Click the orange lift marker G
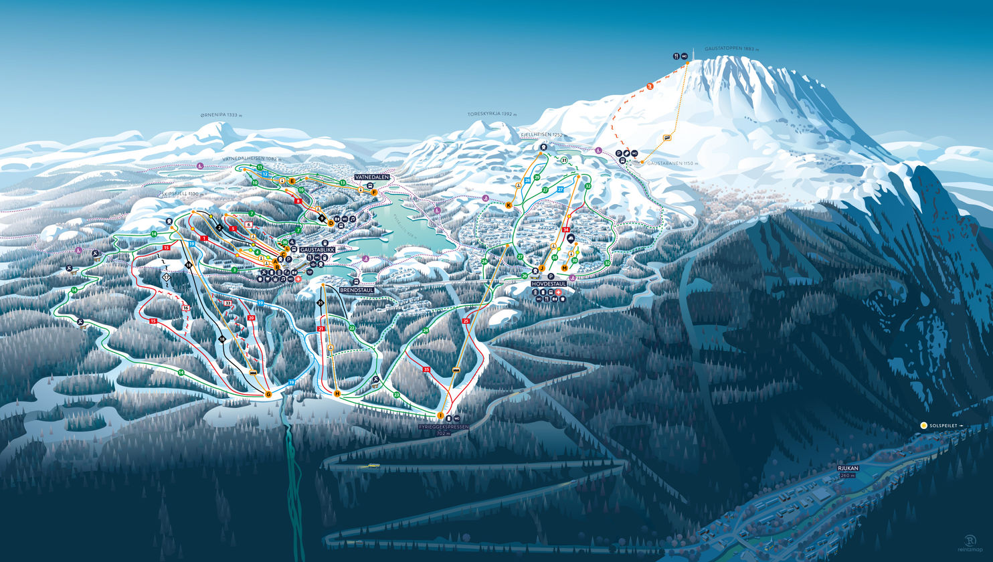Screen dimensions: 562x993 click(268, 394)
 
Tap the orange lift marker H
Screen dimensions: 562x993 click(337, 393)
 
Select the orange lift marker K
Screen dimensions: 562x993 click(509, 205)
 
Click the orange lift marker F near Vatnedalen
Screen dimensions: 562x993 click(374, 192)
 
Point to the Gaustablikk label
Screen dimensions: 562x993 click(317, 249)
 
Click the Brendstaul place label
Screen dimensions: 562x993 click(356, 290)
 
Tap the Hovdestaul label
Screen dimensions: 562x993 click(549, 284)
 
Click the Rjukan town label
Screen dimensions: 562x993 click(847, 468)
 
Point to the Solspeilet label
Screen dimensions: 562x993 click(944, 426)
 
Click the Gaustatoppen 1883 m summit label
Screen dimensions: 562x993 click(731, 49)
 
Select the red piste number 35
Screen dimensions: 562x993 click(426, 369)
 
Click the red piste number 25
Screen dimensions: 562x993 click(466, 321)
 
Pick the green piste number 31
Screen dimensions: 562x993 click(565, 161)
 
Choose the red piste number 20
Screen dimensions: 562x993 click(252, 318)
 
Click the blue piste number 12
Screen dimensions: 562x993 click(265, 174)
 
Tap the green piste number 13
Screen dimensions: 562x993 click(342, 183)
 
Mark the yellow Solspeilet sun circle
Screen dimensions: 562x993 click(923, 426)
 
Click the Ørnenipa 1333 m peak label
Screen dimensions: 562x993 click(221, 115)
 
